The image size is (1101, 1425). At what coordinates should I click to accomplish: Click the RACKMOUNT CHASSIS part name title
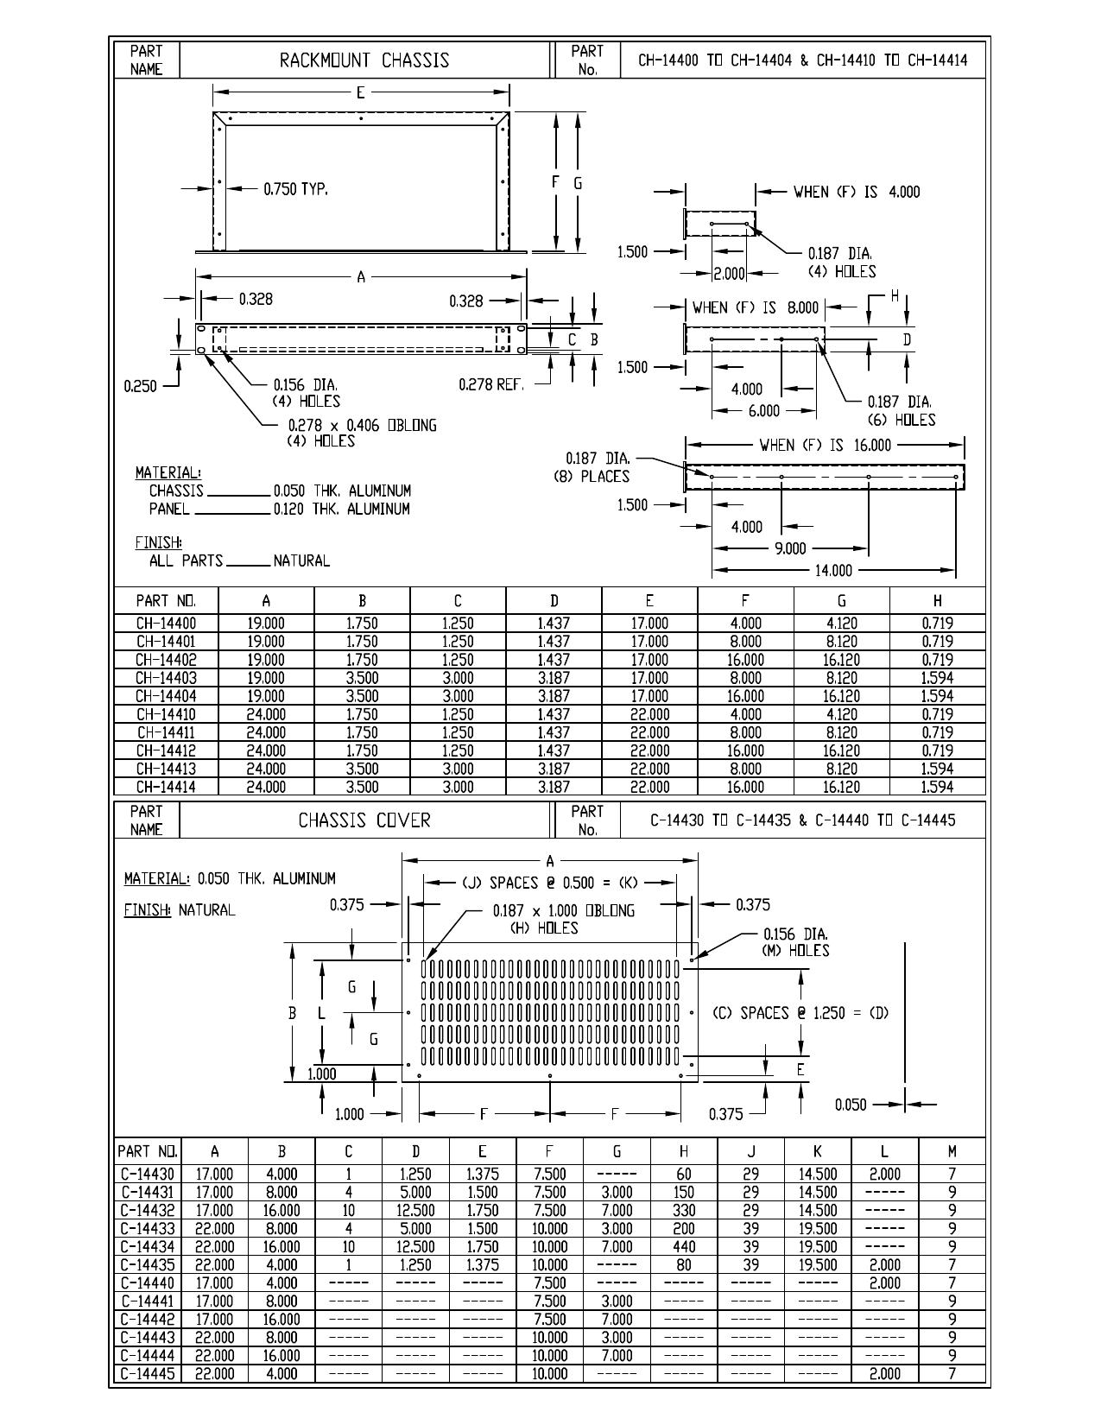pyautogui.click(x=364, y=60)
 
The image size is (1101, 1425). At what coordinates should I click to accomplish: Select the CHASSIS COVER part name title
pyautogui.click(x=364, y=820)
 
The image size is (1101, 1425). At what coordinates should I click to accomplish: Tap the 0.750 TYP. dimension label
pyautogui.click(x=295, y=189)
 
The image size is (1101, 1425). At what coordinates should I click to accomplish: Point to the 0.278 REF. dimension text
pyautogui.click(x=491, y=385)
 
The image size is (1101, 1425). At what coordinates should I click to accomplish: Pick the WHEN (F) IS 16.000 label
pyautogui.click(x=825, y=446)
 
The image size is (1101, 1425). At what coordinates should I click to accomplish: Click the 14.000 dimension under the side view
pyautogui.click(x=832, y=571)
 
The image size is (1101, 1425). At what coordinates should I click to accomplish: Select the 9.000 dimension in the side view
pyautogui.click(x=790, y=549)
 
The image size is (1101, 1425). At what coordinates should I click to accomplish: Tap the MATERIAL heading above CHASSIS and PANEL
pyautogui.click(x=168, y=472)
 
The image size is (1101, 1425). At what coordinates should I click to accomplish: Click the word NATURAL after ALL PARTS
pyautogui.click(x=301, y=561)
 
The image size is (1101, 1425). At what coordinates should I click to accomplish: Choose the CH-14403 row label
pyautogui.click(x=166, y=678)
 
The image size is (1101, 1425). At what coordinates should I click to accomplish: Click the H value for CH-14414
pyautogui.click(x=937, y=787)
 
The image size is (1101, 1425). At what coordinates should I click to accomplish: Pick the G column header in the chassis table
pyautogui.click(x=841, y=601)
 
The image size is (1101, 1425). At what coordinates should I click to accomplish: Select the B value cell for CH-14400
pyautogui.click(x=362, y=624)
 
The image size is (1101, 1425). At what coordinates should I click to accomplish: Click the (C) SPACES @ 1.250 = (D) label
pyautogui.click(x=800, y=1013)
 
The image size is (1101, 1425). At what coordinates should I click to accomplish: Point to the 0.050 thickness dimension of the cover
pyautogui.click(x=851, y=1105)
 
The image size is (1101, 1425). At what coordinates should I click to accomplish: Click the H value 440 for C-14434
pyautogui.click(x=683, y=1246)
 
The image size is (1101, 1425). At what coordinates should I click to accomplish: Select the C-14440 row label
pyautogui.click(x=148, y=1283)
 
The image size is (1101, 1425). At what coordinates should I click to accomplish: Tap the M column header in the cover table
pyautogui.click(x=952, y=1151)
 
